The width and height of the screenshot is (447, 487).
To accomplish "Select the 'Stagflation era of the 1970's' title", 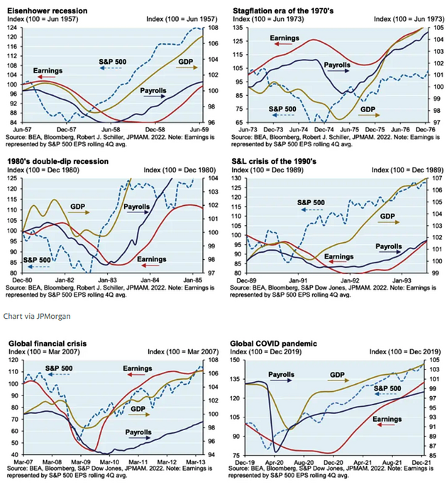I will (283, 11).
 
